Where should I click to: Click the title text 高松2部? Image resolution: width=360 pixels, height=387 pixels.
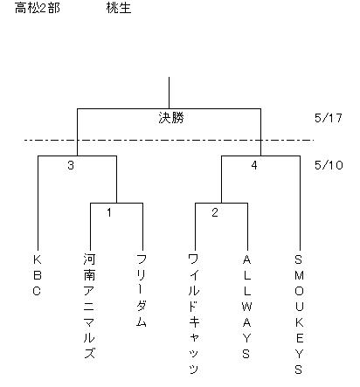(x=38, y=8)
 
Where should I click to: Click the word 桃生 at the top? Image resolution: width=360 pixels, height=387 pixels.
(x=119, y=8)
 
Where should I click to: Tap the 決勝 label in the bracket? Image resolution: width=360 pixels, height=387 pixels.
(x=171, y=118)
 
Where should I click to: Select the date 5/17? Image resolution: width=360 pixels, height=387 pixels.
(x=329, y=118)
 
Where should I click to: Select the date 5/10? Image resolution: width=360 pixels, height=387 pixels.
(x=329, y=165)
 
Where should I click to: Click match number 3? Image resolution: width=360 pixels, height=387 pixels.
(x=71, y=165)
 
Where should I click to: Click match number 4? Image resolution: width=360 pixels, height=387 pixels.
(x=254, y=165)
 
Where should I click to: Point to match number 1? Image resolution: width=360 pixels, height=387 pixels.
(x=109, y=212)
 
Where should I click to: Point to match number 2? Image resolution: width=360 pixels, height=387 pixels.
(x=215, y=212)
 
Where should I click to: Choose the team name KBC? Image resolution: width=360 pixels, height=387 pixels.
(x=37, y=275)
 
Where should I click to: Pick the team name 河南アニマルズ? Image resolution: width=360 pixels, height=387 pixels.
(x=89, y=306)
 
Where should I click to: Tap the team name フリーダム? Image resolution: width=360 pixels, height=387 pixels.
(x=142, y=290)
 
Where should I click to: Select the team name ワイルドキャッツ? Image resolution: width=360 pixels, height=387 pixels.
(x=194, y=314)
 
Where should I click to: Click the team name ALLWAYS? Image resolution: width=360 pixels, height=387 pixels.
(x=246, y=307)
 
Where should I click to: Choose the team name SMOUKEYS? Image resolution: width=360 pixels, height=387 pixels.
(x=299, y=314)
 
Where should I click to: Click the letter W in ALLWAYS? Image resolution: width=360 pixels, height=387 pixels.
(x=246, y=307)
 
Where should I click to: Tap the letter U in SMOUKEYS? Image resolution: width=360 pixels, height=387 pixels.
(x=299, y=307)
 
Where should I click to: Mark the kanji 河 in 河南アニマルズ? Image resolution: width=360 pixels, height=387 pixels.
(x=89, y=259)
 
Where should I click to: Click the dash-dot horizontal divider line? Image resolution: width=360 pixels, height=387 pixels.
(x=169, y=141)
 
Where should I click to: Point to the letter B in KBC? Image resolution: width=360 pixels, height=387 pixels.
(x=38, y=275)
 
